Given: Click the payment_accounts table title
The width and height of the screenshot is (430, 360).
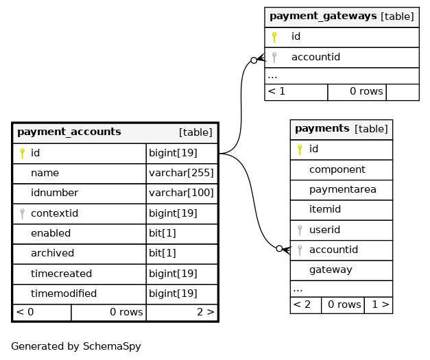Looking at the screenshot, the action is click(x=69, y=132).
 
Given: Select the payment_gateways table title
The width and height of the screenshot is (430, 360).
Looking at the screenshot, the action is click(x=323, y=16).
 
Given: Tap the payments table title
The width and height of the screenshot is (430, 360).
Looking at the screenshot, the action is click(x=322, y=129).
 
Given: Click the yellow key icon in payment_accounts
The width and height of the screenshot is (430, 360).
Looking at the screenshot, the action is click(x=22, y=154).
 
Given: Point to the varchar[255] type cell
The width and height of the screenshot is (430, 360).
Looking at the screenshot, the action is click(x=181, y=173).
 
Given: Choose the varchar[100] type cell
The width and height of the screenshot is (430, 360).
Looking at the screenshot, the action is click(x=181, y=193).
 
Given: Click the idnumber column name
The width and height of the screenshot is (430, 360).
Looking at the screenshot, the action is click(x=55, y=193).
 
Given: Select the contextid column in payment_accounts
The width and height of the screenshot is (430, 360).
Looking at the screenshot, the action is click(x=55, y=213).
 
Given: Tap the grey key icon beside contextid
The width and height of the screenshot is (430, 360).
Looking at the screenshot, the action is click(x=23, y=213).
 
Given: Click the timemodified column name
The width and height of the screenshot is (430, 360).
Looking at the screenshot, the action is click(x=64, y=293).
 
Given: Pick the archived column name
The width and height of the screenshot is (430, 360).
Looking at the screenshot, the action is click(x=52, y=253).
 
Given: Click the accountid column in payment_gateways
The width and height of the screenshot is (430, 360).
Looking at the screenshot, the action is click(x=315, y=57).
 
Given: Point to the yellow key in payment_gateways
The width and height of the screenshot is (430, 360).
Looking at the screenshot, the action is click(x=274, y=37).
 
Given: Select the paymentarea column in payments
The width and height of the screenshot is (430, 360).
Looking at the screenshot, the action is click(x=342, y=189).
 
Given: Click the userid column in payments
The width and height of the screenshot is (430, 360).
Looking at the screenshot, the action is click(x=324, y=230).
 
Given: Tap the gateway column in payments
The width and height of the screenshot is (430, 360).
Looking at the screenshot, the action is click(x=331, y=270).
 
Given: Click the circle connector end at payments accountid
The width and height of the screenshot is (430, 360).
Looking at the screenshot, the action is click(x=279, y=249).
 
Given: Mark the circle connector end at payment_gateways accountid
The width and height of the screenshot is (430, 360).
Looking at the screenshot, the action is click(x=254, y=60).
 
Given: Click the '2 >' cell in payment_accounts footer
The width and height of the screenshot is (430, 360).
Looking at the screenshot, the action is click(x=206, y=312).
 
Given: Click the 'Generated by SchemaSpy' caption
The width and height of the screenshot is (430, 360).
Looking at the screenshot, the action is click(x=76, y=346).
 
